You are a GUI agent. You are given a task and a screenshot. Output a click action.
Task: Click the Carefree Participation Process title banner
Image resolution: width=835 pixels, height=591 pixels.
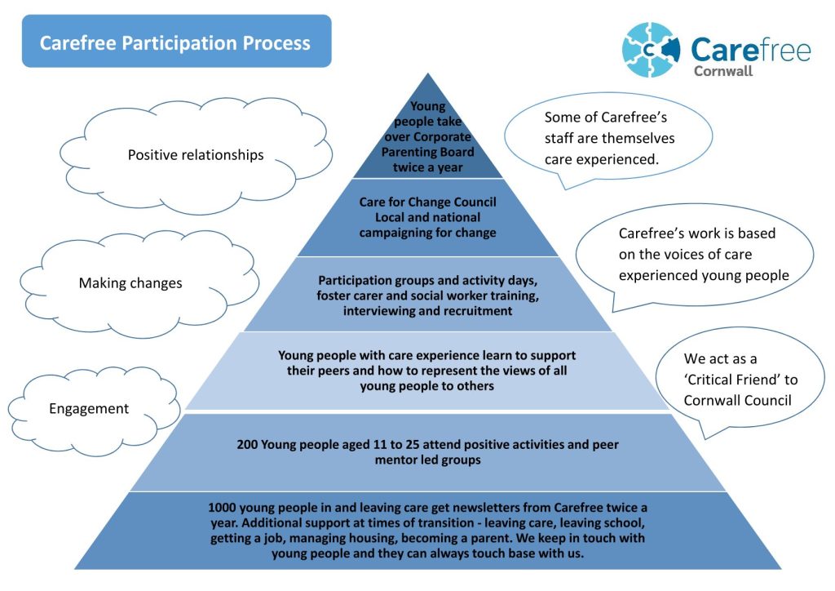point(175,42)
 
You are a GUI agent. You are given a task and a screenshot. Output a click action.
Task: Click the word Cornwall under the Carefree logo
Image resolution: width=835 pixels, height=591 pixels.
point(722,71)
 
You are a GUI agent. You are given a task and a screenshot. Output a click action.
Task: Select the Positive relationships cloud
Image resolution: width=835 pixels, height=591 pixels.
point(196,155)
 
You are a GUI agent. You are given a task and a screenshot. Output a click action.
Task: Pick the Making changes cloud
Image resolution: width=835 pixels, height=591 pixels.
point(130,284)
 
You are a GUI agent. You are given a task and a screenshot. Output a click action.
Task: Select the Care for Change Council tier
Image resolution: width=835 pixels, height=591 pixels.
point(428,217)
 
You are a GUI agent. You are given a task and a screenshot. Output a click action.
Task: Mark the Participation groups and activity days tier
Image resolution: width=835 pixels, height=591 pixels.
point(428,295)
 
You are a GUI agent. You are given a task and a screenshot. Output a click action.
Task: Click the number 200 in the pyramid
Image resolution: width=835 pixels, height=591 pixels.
point(247,445)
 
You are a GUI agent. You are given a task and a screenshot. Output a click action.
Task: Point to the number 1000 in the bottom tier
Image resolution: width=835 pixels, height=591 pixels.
point(225,508)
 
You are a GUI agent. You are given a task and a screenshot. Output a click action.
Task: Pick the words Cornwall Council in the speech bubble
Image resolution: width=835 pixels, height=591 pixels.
point(738,401)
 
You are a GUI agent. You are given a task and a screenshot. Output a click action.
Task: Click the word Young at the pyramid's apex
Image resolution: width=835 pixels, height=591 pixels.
point(428,106)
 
